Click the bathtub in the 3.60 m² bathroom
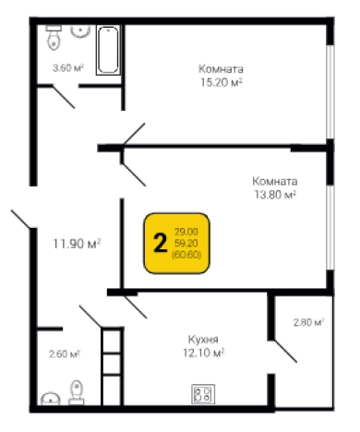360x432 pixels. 108,50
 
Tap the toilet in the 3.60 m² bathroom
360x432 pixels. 54,37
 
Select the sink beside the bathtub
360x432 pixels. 80,31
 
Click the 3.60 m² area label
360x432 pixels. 68,67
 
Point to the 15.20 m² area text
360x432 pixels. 221,82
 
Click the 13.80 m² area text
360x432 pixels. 275,195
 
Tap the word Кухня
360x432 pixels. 203,340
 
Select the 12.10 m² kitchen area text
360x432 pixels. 203,353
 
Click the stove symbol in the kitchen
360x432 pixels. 203,394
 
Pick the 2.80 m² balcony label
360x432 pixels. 309,322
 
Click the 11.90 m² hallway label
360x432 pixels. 77,244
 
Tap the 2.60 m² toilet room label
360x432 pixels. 65,354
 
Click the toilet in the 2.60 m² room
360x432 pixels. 77,392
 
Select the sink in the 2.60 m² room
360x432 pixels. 50,399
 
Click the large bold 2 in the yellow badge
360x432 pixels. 160,243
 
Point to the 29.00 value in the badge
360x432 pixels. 186,232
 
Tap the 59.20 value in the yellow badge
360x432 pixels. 186,243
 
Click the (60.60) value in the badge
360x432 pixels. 186,255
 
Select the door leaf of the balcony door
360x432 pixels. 285,351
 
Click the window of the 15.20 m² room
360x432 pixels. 330,91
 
